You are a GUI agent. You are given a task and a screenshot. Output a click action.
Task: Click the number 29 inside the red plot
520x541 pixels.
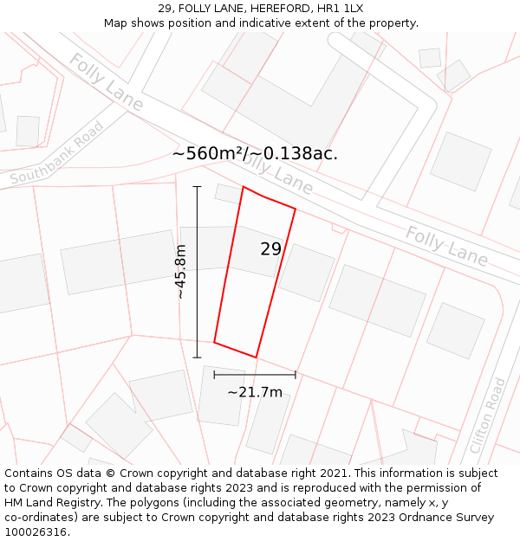coord(270,249)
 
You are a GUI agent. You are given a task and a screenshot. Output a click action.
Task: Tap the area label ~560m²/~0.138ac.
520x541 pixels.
coord(255,153)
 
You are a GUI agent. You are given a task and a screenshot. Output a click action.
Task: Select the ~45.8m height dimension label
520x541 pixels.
coord(180,272)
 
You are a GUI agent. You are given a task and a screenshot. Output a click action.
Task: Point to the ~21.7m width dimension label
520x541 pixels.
coord(255,392)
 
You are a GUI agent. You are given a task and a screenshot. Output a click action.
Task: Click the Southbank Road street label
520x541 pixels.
coord(57,153)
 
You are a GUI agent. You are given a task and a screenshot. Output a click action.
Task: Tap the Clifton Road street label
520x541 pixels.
coord(487,415)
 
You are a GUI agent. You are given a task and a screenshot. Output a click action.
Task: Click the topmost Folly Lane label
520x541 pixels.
coord(106,82)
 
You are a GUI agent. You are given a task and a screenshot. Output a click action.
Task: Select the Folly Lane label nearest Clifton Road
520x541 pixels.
coord(446,246)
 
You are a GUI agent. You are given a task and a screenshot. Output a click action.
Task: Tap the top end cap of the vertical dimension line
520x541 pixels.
coord(197,186)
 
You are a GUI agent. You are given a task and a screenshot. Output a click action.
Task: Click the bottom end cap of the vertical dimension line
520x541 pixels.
coord(197,357)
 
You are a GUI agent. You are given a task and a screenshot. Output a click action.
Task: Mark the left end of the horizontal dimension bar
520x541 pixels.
coord(214,375)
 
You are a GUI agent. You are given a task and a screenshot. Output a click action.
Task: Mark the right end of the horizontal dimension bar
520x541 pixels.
coord(296,375)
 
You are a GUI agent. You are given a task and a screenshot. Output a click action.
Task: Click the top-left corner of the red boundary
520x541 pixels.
coord(244,187)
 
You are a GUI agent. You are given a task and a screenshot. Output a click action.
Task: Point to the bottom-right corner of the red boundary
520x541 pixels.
coord(257,357)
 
